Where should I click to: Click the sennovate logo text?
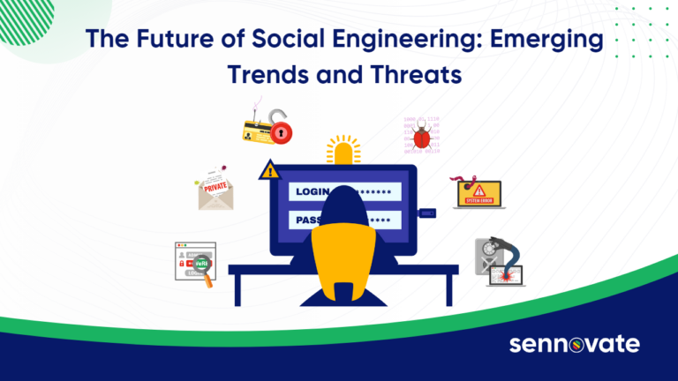point(573,343)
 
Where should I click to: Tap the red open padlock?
point(280,130)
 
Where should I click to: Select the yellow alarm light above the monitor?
point(343,150)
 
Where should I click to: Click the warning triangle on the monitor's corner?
point(267,170)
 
